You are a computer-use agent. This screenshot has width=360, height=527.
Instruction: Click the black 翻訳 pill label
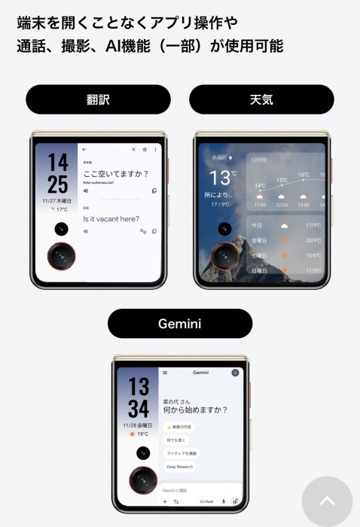(x=98, y=99)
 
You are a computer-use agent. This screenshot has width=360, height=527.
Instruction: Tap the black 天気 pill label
(x=261, y=99)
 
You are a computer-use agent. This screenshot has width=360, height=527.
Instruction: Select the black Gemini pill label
(x=180, y=323)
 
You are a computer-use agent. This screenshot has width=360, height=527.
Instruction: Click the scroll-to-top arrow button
(x=327, y=501)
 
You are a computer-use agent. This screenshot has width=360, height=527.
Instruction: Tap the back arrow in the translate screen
(x=84, y=150)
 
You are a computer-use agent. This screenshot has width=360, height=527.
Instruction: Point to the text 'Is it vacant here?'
(x=111, y=219)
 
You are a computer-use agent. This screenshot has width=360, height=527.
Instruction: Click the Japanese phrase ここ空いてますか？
(x=115, y=174)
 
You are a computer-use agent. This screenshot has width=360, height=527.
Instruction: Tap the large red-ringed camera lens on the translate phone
(x=61, y=257)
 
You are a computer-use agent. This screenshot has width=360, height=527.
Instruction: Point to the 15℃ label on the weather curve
(x=282, y=181)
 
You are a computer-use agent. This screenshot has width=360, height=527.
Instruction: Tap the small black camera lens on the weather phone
(x=224, y=229)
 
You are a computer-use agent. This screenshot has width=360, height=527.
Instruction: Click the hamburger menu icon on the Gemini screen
(x=165, y=373)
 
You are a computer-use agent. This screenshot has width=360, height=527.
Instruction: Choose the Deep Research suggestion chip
(x=179, y=467)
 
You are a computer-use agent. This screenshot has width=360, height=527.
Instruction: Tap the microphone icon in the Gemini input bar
(x=223, y=501)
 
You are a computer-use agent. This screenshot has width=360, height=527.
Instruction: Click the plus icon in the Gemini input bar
(x=165, y=501)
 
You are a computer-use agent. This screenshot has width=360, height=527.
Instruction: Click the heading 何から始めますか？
(x=195, y=410)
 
